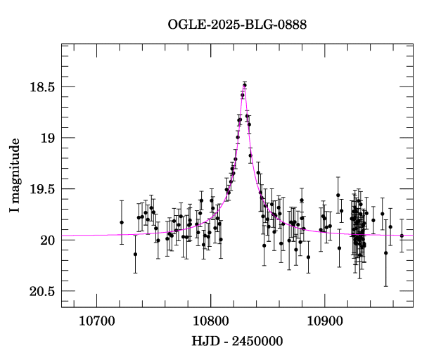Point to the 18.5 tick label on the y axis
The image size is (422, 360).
click(43, 87)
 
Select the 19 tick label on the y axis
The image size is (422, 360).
click(48, 138)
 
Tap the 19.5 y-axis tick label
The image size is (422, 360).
click(43, 189)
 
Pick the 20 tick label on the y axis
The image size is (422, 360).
click(48, 240)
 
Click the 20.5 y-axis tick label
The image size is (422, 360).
click(43, 291)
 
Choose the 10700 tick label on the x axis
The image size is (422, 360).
click(96, 319)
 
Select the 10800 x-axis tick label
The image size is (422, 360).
click(210, 319)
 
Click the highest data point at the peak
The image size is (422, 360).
click(245, 85)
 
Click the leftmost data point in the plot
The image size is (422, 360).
click(122, 222)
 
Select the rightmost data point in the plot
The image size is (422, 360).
click(402, 236)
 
